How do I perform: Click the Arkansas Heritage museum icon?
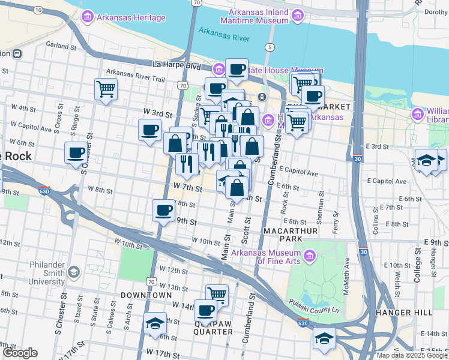tap(88, 17)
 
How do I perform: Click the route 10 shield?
tap(38, 11)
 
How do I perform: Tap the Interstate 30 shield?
tap(358, 159)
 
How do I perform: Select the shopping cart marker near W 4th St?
tap(106, 89)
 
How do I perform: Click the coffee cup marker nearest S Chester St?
tap(76, 152)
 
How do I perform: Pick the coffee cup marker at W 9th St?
tap(163, 210)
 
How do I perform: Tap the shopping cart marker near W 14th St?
tap(217, 294)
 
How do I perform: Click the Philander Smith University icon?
tap(73, 272)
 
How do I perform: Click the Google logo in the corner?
tap(20, 353)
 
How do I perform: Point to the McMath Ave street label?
tap(347, 273)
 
